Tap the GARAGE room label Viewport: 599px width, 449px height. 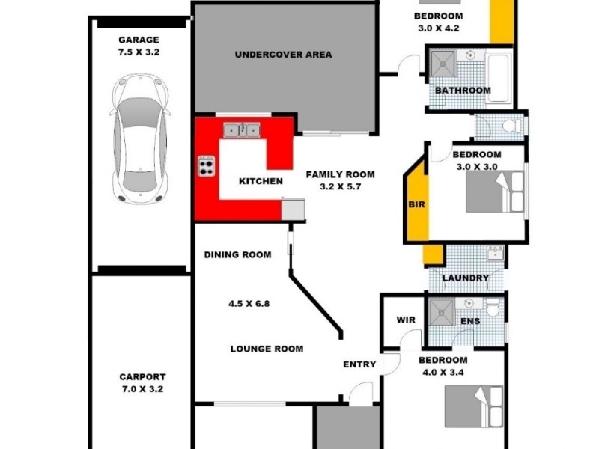[139, 40]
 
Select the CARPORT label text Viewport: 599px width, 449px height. [142, 377]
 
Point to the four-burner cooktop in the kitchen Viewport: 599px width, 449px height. [207, 165]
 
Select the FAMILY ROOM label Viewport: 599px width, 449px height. [340, 174]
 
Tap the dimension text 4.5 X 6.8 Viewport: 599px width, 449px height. [249, 305]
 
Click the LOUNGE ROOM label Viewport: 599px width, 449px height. [267, 349]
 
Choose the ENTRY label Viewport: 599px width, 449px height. [359, 364]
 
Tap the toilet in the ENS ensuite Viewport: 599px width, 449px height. [493, 310]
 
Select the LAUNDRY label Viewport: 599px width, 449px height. [466, 278]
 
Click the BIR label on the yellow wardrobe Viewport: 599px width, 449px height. [416, 204]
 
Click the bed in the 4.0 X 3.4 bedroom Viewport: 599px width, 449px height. [473, 406]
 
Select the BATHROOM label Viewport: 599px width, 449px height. [463, 91]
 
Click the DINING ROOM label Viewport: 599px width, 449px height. [237, 254]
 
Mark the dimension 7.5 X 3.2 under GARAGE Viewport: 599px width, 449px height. [139, 53]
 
